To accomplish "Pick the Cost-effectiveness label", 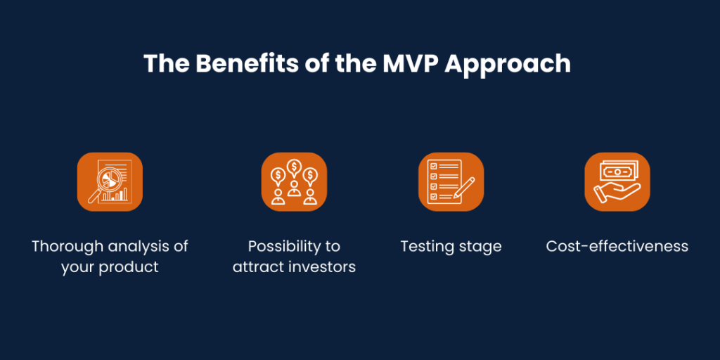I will coord(617,247).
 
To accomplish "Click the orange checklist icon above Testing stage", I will coord(451,181).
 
